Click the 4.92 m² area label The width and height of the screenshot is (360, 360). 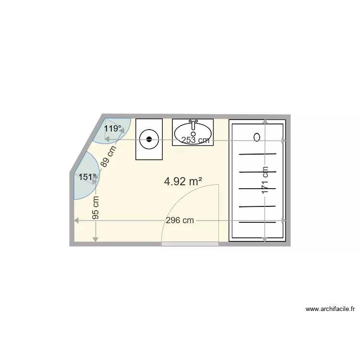pos(183,181)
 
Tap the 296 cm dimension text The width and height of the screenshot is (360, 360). pos(180,220)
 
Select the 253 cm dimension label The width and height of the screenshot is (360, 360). pos(195,140)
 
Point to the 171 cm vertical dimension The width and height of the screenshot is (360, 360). pos(265,180)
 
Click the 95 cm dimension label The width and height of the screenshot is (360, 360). pos(96,207)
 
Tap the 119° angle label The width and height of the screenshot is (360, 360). pos(113,129)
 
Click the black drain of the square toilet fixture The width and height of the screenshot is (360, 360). pos(149,140)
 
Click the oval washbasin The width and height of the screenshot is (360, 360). pos(193,132)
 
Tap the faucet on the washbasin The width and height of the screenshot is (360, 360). pos(193,124)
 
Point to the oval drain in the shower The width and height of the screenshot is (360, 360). pos(257,137)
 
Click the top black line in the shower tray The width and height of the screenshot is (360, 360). pos(258,154)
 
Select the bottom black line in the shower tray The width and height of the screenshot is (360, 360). pos(258,223)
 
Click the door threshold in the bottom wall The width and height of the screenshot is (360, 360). pos(190,244)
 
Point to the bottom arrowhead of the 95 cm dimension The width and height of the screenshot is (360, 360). pos(96,239)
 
